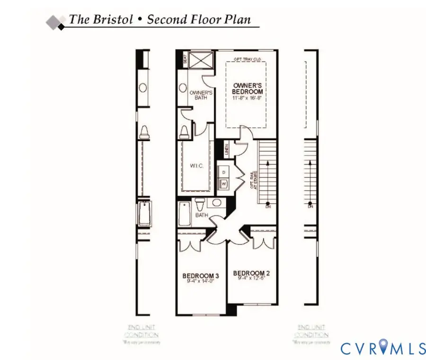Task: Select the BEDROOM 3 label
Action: [200, 276]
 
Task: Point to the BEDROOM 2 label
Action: [251, 273]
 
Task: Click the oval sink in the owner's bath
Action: [183, 88]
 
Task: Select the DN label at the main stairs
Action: [268, 207]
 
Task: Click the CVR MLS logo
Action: [383, 349]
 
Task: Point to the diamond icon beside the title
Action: [55, 21]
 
